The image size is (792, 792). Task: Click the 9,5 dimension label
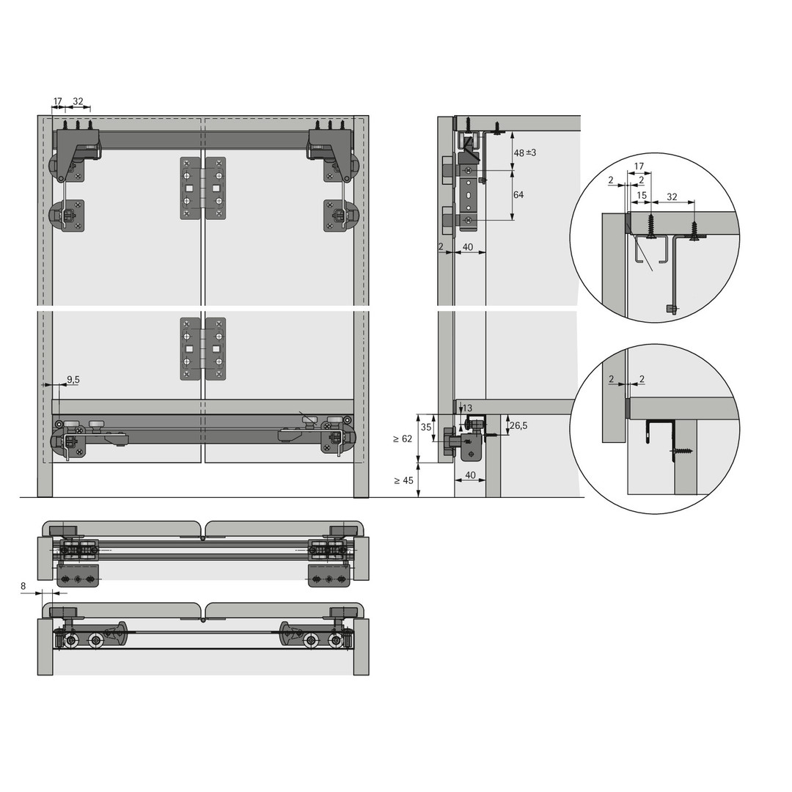click(73, 379)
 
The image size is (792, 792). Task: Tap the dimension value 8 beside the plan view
click(23, 587)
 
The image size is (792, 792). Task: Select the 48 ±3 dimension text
click(525, 153)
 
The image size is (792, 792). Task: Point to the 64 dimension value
click(518, 194)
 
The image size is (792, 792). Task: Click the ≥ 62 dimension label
click(402, 439)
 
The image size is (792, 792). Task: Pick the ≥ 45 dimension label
click(403, 480)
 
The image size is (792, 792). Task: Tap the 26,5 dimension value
click(518, 426)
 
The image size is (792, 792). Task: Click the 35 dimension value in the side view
click(426, 427)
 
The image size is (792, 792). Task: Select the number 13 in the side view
click(467, 408)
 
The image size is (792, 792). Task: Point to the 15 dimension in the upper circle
click(642, 195)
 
